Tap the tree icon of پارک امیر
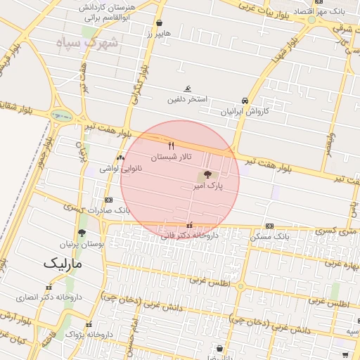coord(207,175)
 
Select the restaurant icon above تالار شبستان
coord(172,146)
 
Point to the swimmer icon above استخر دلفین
coord(187,89)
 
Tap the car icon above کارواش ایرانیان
coord(244,101)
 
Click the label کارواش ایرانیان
coord(246,111)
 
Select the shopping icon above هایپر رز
coord(159,22)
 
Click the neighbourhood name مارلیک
coord(63,264)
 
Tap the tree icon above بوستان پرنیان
coord(82,233)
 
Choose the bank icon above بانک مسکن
coord(270,226)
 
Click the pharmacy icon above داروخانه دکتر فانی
coord(189,225)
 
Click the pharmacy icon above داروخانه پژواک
coord(89,325)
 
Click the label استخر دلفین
coord(187,99)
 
